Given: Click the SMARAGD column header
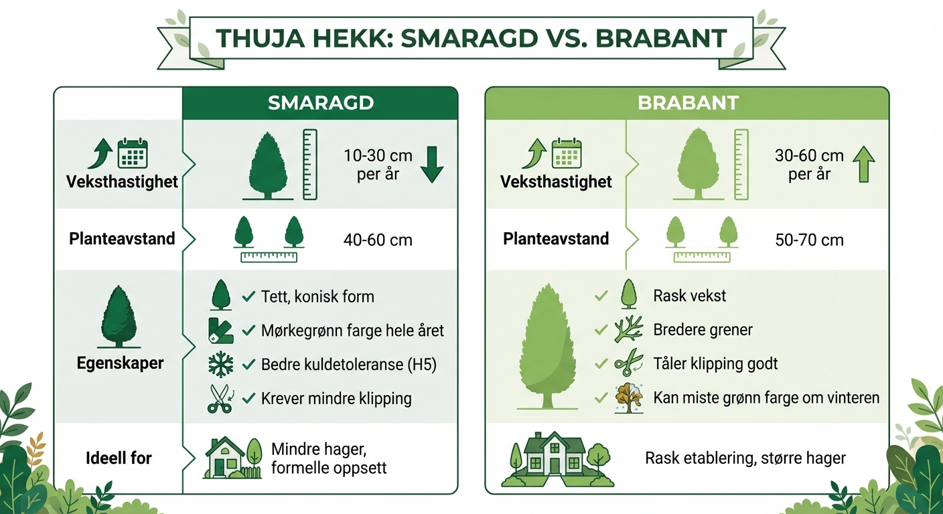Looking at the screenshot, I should click(x=320, y=103).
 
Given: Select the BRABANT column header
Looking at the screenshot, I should click(x=688, y=103).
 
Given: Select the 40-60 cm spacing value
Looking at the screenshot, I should click(x=378, y=240).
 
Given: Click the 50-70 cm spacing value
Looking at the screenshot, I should click(x=809, y=240).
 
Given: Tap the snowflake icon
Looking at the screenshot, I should click(x=220, y=364).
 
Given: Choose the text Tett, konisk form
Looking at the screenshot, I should click(x=317, y=296).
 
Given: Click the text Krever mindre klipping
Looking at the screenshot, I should click(x=336, y=399).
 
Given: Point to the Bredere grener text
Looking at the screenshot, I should click(x=703, y=330).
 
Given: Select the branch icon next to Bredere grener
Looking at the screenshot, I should click(x=628, y=329).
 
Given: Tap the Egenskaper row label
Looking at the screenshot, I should click(x=120, y=363).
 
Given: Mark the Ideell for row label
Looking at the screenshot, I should click(x=119, y=458).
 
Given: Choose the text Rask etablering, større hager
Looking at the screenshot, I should click(x=745, y=458).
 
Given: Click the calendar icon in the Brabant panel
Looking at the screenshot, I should click(x=567, y=153).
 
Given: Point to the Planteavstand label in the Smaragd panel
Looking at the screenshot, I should click(x=122, y=239).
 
